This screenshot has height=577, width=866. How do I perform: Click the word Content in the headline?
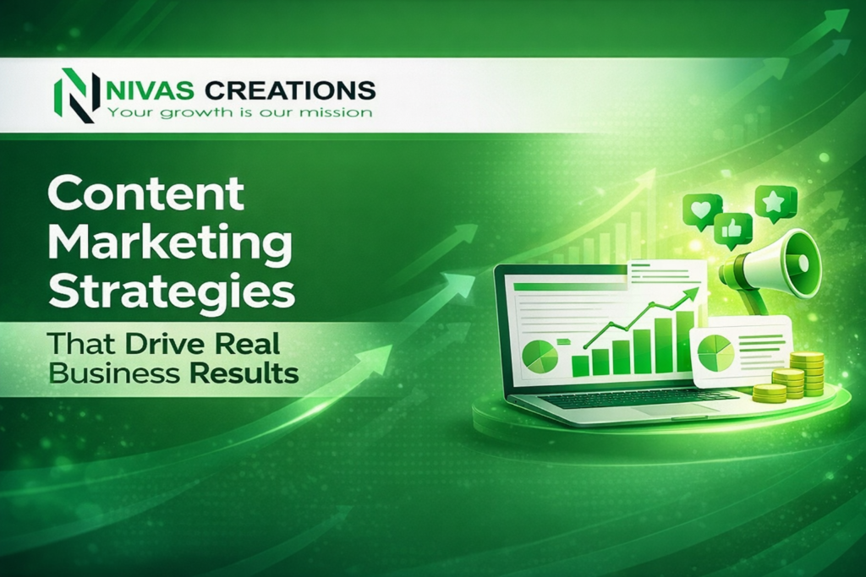point(145,194)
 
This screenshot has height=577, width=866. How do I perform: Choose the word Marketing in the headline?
point(170,243)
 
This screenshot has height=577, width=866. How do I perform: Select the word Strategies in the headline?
point(172,292)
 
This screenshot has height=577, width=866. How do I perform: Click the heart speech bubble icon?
point(702,210)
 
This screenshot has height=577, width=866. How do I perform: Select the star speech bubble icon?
point(776,201)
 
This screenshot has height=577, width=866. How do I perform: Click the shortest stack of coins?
point(769,392)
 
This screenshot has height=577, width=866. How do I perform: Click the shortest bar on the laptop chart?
point(580,365)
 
